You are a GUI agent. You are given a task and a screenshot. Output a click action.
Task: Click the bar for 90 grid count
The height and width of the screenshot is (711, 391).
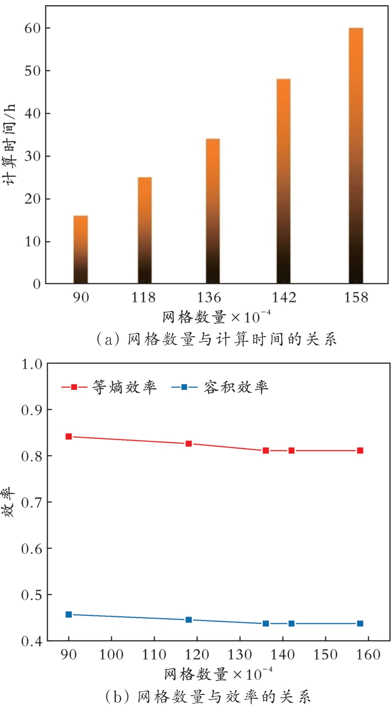(80, 250)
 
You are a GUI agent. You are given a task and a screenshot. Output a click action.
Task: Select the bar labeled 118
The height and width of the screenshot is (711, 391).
(145, 230)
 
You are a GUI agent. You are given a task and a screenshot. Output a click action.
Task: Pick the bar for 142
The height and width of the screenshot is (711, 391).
(283, 181)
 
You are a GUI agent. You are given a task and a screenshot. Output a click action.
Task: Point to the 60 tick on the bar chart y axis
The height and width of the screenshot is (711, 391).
(32, 28)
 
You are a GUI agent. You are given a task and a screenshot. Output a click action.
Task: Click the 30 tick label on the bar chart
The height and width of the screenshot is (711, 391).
(32, 156)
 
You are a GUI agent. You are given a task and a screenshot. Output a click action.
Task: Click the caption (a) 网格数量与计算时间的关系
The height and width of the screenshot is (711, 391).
(216, 339)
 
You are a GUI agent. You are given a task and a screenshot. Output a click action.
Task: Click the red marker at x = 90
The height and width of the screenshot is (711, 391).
(68, 436)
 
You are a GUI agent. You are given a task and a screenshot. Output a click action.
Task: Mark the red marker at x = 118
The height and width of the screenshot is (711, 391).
(188, 443)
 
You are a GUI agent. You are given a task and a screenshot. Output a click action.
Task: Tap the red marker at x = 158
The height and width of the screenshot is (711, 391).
(360, 451)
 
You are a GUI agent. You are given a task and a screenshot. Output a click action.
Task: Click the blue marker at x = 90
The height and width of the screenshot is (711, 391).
(68, 614)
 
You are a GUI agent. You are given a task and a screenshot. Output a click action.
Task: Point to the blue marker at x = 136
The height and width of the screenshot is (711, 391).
(265, 623)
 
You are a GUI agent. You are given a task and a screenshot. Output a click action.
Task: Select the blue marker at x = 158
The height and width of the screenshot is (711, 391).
(360, 623)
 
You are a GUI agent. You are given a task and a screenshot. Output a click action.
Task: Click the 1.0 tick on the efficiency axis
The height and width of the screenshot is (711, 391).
(32, 364)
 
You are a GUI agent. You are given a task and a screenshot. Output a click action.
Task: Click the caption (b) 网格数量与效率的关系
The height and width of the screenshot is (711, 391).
(207, 697)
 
